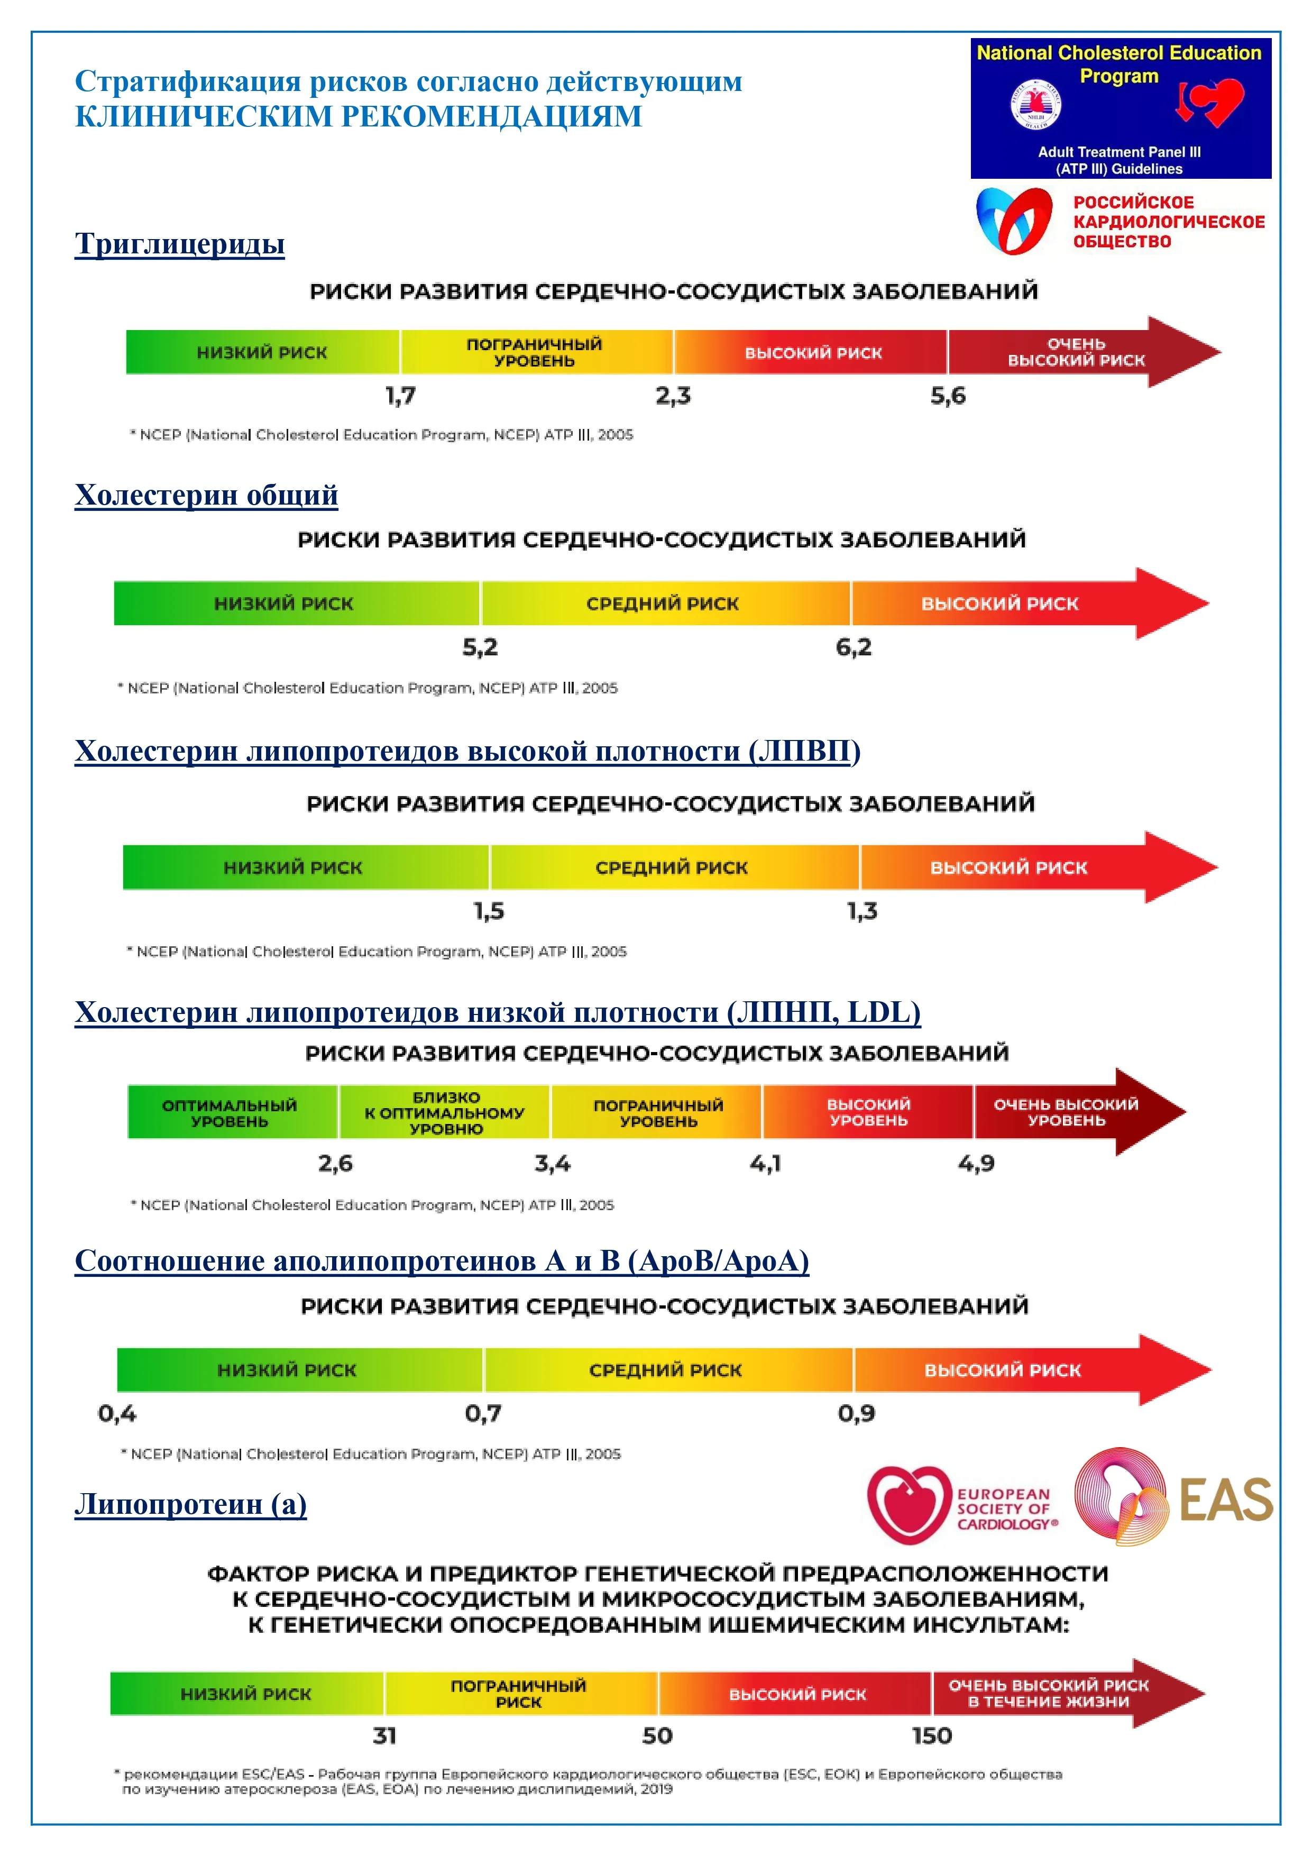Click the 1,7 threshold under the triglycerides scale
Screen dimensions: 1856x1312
click(400, 396)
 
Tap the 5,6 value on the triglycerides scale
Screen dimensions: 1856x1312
click(948, 396)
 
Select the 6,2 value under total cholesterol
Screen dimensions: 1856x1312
click(854, 647)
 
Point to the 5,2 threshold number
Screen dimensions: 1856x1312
click(480, 647)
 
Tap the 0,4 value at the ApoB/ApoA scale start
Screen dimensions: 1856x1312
click(117, 1414)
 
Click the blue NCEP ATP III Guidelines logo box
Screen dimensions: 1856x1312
click(1121, 108)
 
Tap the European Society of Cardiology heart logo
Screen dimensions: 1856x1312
click(909, 1505)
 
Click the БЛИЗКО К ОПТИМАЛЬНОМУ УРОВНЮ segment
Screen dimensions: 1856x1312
click(445, 1112)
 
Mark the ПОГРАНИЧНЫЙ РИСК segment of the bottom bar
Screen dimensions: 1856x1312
click(519, 1694)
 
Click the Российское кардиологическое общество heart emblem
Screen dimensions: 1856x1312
click(1014, 220)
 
